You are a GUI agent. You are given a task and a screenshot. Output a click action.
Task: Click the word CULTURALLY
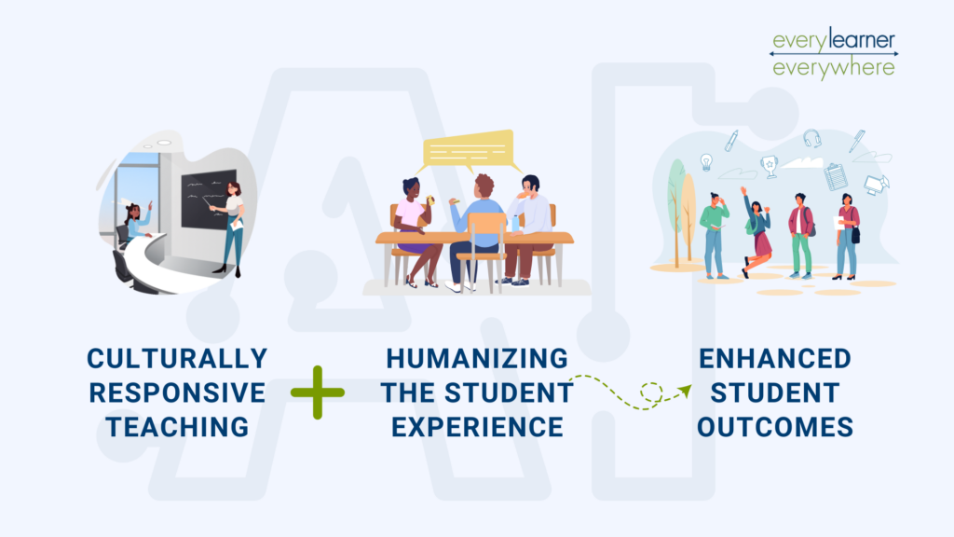(177, 358)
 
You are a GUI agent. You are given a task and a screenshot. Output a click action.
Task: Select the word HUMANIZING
(476, 358)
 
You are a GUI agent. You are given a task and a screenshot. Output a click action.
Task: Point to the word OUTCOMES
(776, 427)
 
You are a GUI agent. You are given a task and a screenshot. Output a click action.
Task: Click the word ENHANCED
(776, 358)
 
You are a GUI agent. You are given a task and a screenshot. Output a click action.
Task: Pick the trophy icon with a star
(769, 165)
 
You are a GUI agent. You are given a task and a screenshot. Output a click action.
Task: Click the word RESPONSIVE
(177, 392)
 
